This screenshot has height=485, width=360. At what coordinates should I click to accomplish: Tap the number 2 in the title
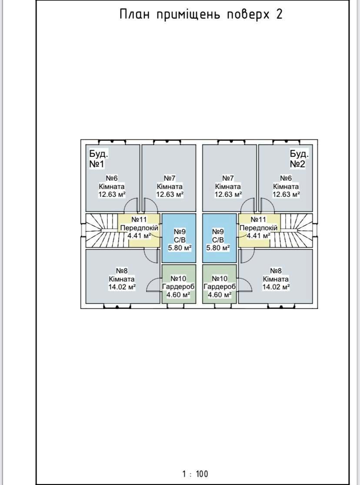click(x=279, y=14)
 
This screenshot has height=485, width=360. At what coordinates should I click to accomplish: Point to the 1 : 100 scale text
click(x=195, y=473)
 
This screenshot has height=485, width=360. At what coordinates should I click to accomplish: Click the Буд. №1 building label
click(x=99, y=159)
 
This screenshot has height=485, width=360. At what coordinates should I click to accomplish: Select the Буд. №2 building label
click(x=299, y=159)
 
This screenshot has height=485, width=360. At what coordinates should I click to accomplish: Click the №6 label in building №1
click(x=112, y=178)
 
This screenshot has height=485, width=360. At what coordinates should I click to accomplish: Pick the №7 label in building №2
click(x=228, y=178)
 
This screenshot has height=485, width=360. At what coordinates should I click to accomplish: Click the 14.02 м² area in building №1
click(x=122, y=287)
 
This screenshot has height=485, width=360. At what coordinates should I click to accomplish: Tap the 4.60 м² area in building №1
click(x=178, y=295)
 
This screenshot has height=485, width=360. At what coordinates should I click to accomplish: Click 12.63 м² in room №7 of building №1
click(x=170, y=194)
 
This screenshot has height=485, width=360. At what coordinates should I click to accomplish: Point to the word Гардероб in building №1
click(x=178, y=287)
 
